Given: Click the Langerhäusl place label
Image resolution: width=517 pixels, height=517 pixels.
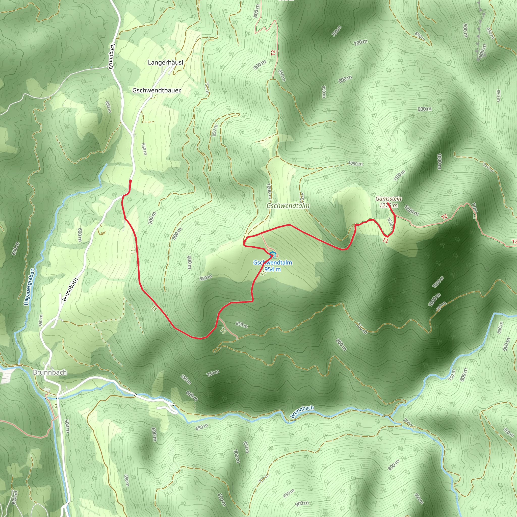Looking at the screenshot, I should pyautogui.click(x=165, y=63).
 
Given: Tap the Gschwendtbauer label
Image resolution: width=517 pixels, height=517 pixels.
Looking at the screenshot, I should pyautogui.click(x=157, y=90).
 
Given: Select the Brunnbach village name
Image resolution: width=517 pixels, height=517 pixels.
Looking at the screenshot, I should pyautogui.click(x=50, y=372).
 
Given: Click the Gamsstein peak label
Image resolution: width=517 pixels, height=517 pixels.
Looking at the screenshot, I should pyautogui.click(x=388, y=199).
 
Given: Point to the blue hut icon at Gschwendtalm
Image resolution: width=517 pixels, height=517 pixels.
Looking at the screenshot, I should pyautogui.click(x=272, y=254).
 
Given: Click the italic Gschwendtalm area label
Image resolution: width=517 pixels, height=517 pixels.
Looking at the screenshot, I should pyautogui.click(x=288, y=206).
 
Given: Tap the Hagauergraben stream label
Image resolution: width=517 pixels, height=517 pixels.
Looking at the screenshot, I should pyautogui.click(x=29, y=287).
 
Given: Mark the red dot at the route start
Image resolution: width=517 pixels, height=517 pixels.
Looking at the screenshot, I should pyautogui.click(x=130, y=181).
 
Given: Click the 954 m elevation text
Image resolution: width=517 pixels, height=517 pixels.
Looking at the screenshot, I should pyautogui.click(x=272, y=269).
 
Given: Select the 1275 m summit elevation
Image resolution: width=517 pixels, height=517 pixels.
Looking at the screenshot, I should pyautogui.click(x=388, y=205).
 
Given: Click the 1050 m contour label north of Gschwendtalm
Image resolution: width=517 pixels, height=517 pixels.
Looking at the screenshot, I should pyautogui.click(x=355, y=164).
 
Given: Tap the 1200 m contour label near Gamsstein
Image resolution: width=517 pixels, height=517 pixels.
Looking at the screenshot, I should pyautogui.click(x=411, y=210).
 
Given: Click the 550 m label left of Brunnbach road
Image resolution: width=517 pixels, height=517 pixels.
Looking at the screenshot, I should pyautogui.click(x=41, y=320).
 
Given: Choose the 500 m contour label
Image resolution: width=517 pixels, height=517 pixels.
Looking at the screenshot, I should pyautogui.click(x=67, y=426).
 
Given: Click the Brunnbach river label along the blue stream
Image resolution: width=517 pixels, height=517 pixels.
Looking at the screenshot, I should pyautogui.click(x=302, y=412).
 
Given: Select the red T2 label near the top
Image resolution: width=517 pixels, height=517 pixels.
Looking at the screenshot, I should pyautogui.click(x=273, y=53).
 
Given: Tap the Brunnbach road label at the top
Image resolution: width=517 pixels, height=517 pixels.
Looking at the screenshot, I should pyautogui.click(x=112, y=56).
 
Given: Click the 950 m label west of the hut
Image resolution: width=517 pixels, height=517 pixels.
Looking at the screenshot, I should pyautogui.click(x=205, y=278).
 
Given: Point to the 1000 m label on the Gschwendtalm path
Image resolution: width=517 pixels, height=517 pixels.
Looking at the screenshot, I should pyautogui.click(x=269, y=191).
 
